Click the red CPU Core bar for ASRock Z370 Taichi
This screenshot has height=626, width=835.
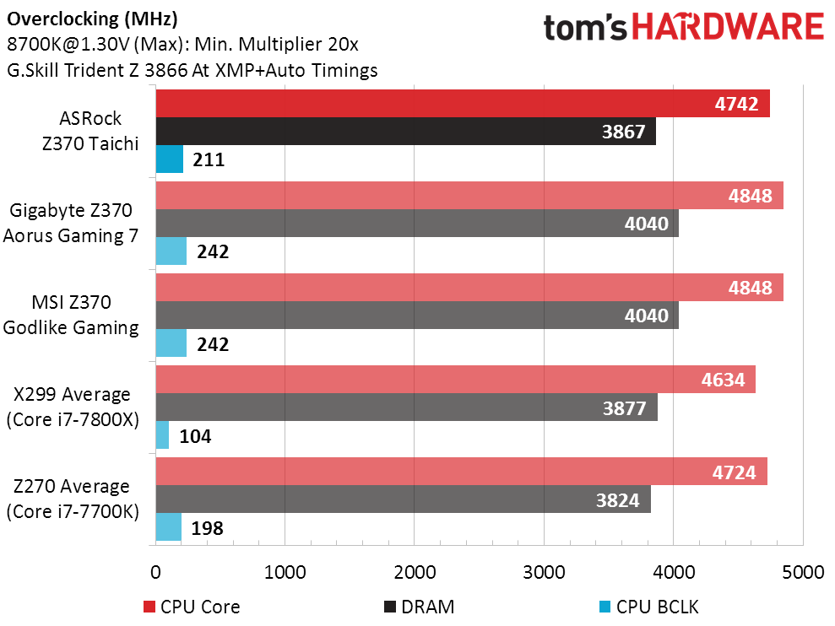pos(463,103)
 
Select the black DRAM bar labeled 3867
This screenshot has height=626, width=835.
pos(406,131)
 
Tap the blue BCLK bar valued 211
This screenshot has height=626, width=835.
pos(170,159)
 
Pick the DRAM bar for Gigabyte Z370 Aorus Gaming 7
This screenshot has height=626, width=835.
pos(417,223)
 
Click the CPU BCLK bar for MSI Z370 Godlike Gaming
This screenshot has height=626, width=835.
pos(171,343)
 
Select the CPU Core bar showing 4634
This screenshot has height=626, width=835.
pos(456,379)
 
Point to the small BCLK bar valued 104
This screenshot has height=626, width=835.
pos(162,434)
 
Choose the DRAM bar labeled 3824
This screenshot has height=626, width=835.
pos(403,499)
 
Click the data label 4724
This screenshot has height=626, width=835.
pos(734,472)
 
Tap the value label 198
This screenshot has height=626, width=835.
pos(207,528)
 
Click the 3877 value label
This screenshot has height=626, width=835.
pos(624,408)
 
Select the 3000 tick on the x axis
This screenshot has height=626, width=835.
pos(544,572)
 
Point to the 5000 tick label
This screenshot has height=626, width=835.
pos(803,572)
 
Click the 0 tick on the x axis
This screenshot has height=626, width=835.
pos(155,572)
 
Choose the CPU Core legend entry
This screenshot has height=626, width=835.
pos(192,607)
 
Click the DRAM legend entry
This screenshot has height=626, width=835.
pos(419,607)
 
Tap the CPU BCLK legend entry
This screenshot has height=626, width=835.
pos(648,607)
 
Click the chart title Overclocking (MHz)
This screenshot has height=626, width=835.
pos(92,19)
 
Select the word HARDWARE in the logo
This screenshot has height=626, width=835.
pos(728,27)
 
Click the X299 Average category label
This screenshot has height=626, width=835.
pos(72,395)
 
